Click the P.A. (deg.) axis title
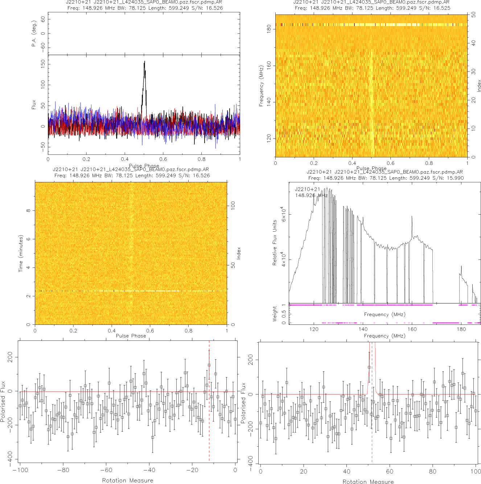(x=34, y=33)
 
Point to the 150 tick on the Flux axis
(x=43, y=64)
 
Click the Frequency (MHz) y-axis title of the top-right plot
(x=261, y=86)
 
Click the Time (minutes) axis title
(x=21, y=253)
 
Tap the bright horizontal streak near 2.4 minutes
(x=145, y=291)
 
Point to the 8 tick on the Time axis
(x=28, y=211)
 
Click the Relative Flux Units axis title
(x=275, y=242)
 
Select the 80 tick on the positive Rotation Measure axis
(x=432, y=471)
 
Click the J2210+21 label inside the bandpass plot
(x=308, y=189)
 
